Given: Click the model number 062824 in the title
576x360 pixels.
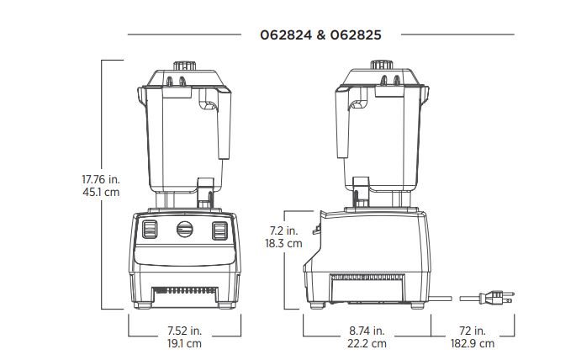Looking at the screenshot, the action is pos(286,35).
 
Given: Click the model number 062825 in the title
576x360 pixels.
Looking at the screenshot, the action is pos(356,35).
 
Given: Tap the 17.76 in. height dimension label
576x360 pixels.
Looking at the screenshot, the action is pos(101,180).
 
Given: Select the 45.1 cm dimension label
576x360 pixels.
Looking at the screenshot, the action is pos(101,192).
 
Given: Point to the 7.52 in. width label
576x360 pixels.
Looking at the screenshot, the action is pos(185,331).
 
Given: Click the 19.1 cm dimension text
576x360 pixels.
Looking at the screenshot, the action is pos(185,343).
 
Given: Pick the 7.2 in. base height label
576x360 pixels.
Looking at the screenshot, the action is pos(284,230).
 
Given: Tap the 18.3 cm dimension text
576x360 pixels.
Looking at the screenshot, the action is pos(284,243).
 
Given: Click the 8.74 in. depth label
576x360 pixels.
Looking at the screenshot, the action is pos(367,331).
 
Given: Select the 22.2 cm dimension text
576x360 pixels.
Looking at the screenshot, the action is pos(367,343).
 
